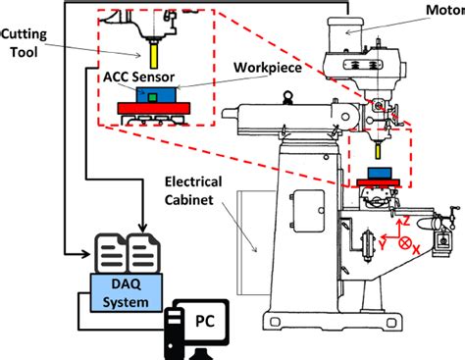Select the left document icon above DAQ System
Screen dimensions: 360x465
click(109, 253)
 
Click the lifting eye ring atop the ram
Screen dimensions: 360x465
click(287, 96)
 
